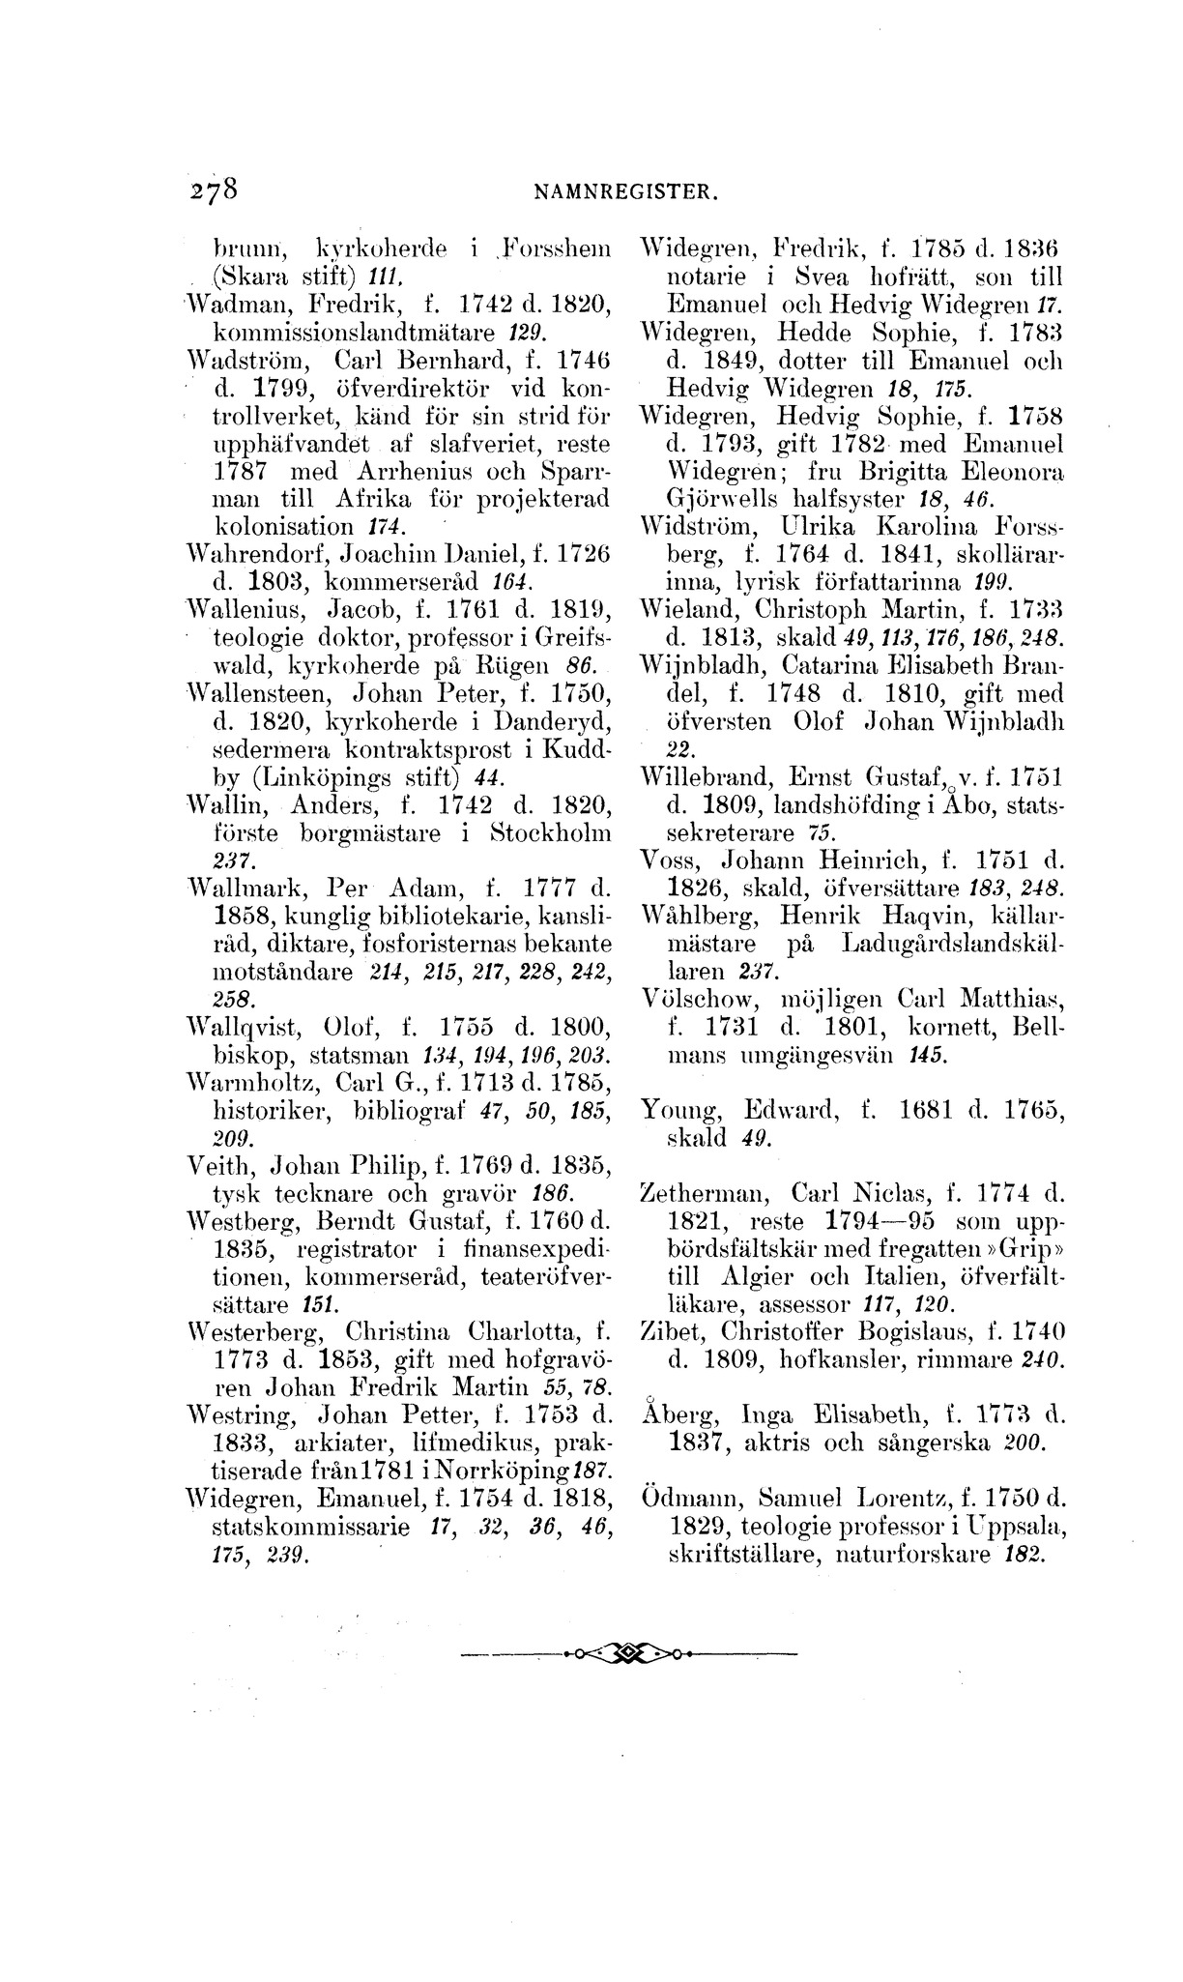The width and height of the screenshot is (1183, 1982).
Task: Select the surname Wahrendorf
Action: [243, 554]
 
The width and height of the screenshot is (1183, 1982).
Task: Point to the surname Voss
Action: [667, 859]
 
